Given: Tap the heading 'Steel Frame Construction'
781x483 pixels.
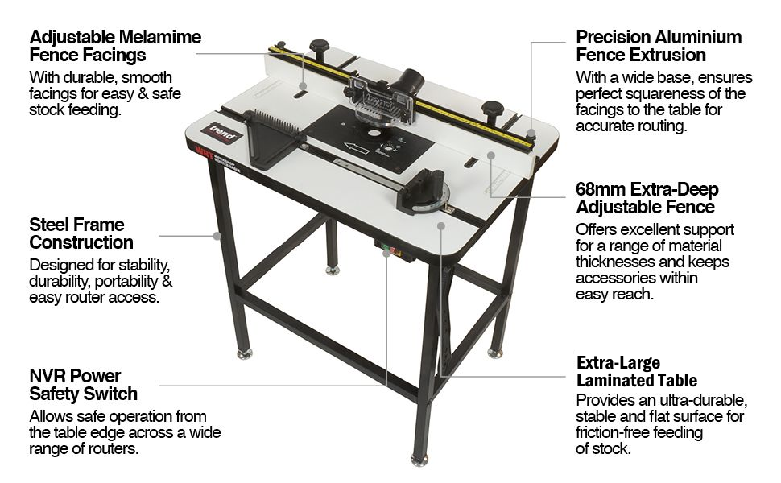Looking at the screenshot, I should (x=81, y=233).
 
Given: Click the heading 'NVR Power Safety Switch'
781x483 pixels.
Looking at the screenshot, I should (x=83, y=385).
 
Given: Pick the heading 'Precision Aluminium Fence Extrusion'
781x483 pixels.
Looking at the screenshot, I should (x=659, y=46).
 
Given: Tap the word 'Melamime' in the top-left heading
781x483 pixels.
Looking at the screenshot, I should (x=160, y=37).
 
